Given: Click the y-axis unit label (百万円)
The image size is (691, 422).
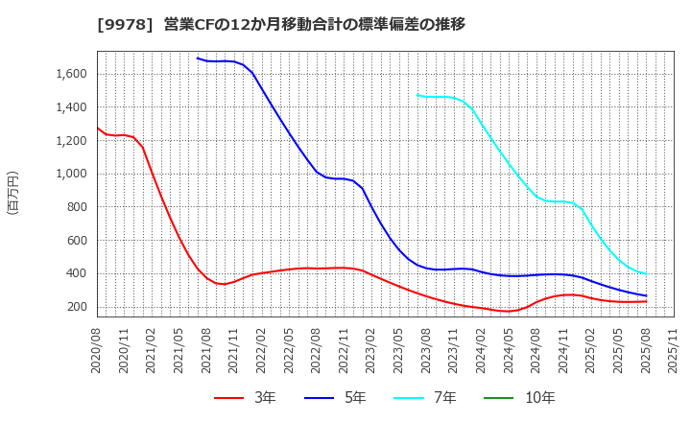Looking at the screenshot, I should tap(12, 192).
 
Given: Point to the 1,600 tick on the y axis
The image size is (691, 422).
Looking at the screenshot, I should tap(66, 74).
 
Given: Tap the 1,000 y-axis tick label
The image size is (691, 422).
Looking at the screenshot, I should tap(66, 174).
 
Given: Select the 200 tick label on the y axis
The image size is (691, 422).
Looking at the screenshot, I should tap(74, 307).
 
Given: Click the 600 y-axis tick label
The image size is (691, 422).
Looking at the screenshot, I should tap(74, 241).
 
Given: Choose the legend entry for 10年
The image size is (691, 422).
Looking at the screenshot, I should tap(527, 398).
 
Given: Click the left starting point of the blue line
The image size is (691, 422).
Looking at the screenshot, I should tap(197, 58).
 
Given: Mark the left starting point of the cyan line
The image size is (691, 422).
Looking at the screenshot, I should tap(417, 94).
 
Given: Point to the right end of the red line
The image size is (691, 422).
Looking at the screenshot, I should tap(646, 301).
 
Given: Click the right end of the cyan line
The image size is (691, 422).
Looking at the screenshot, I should tap(646, 273).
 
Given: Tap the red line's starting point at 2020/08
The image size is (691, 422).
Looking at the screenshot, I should tap(97, 128).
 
